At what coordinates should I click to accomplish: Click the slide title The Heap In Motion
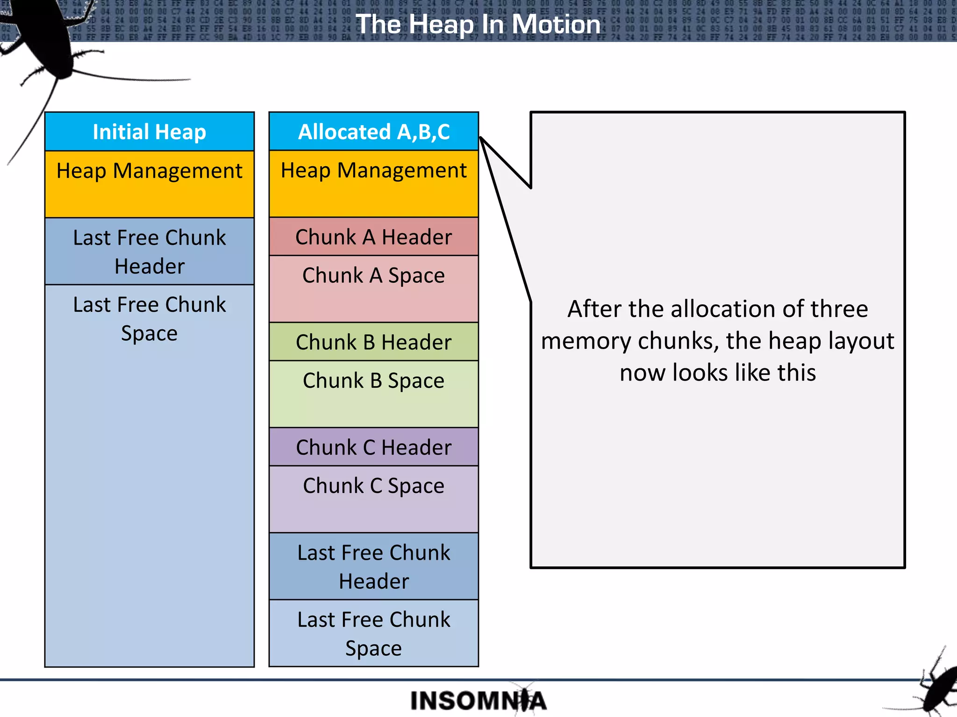(478, 24)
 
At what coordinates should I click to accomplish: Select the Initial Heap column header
(149, 132)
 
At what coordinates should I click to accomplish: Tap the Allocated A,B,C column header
(373, 132)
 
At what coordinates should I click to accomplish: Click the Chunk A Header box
(373, 237)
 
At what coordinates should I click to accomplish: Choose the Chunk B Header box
(373, 342)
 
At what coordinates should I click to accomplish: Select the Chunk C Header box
(373, 447)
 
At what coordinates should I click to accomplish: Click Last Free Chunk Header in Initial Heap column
(149, 252)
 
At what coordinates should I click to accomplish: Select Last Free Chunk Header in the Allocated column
(373, 566)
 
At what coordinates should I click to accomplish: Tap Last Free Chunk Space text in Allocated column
(373, 633)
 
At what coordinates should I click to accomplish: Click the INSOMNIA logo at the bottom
(478, 701)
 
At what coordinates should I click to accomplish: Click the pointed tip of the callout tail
(481, 139)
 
